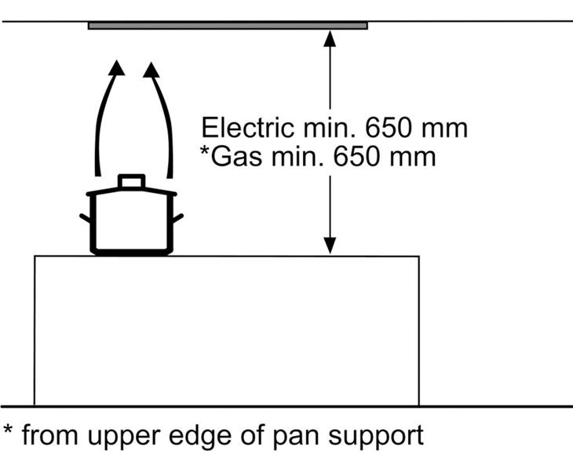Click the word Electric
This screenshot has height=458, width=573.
click(x=247, y=128)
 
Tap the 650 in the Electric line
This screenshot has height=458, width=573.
click(x=389, y=128)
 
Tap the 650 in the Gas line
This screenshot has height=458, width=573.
click(x=356, y=157)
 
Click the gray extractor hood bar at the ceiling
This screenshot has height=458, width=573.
click(x=228, y=26)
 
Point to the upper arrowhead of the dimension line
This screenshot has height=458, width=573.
click(x=330, y=38)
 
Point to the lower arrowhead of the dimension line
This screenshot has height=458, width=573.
click(x=330, y=245)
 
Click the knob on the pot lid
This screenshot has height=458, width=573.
click(x=132, y=181)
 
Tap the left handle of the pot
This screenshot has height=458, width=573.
click(x=86, y=218)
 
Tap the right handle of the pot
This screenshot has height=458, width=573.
click(x=177, y=218)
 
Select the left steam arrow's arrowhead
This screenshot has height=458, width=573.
click(x=117, y=68)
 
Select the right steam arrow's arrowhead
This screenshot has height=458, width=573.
click(x=151, y=70)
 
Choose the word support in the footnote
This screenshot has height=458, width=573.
click(x=377, y=436)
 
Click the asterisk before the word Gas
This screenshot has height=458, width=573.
click(x=205, y=151)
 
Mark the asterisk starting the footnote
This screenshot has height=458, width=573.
click(x=8, y=430)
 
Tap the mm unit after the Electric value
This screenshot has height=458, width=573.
click(x=444, y=131)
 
